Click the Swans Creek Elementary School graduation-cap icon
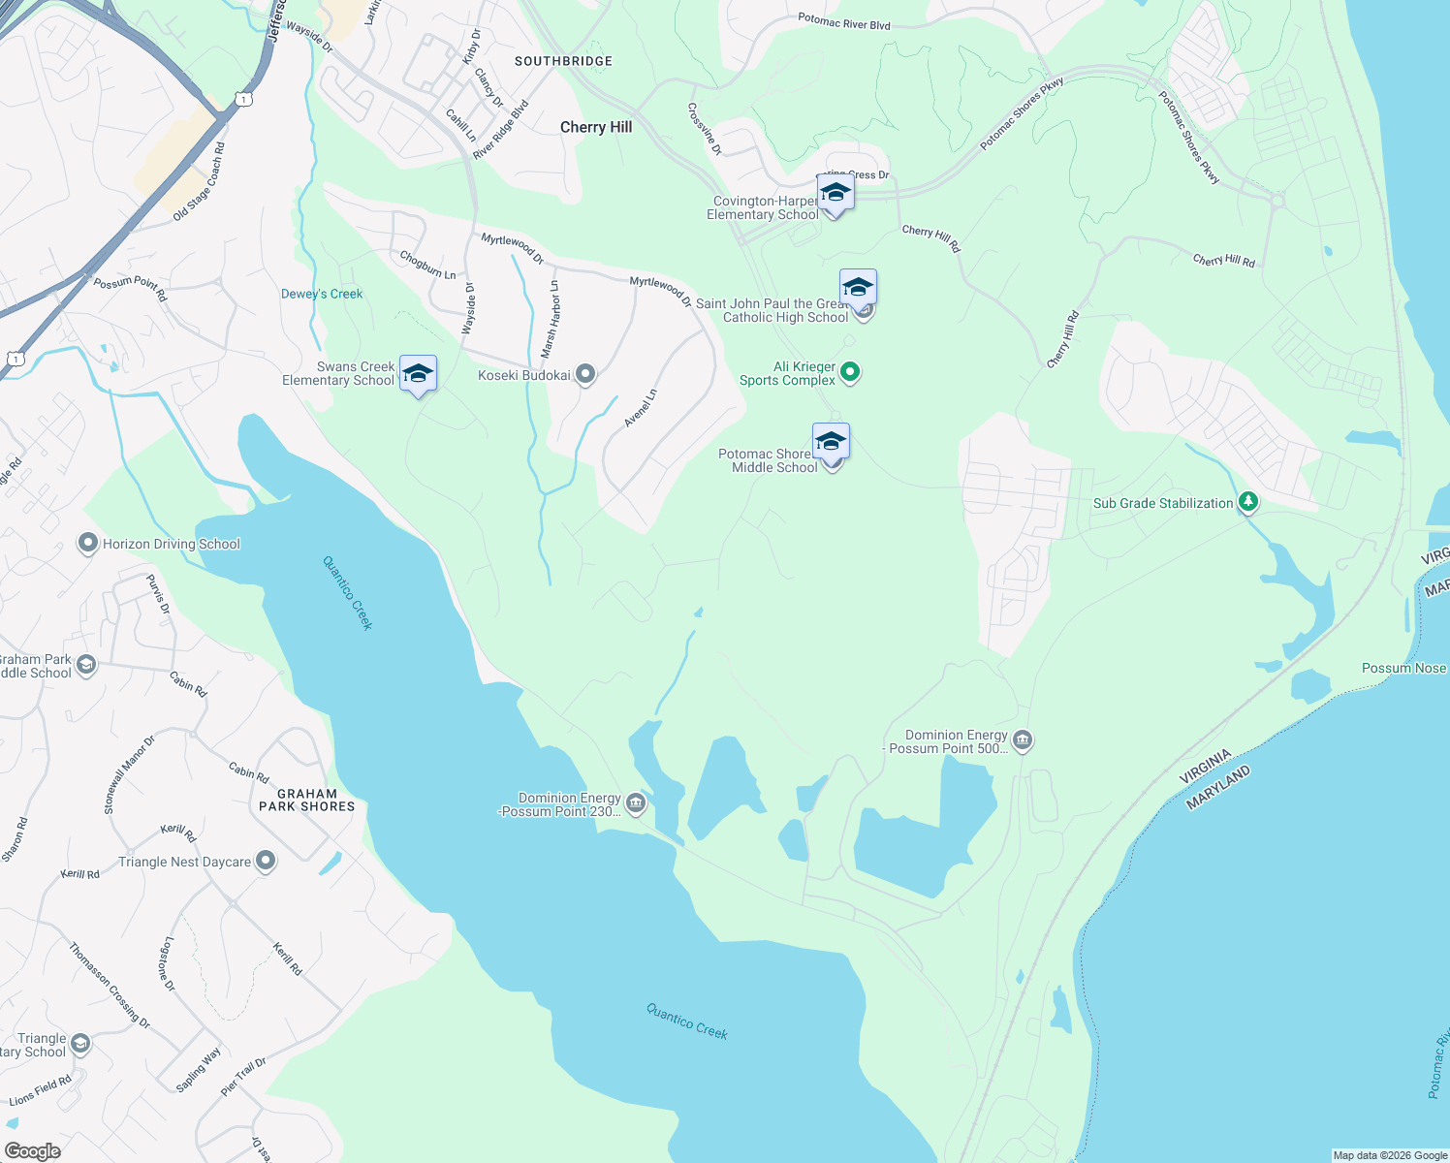point(418,374)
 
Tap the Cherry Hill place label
point(596,127)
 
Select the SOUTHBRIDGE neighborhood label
point(563,61)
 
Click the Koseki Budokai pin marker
point(584,374)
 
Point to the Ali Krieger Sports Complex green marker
point(850,371)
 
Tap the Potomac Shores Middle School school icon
point(831,442)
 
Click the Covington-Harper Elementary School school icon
point(835,192)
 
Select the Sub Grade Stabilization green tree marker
point(1248,502)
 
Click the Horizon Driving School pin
point(88,543)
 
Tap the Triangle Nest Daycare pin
point(266,861)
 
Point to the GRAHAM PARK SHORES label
point(306,800)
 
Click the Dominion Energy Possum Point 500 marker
point(1023,740)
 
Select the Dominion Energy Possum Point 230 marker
point(636,802)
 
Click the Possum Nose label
point(1403,668)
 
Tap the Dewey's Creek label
point(322,294)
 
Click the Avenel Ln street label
point(641,408)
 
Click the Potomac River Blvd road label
point(843,21)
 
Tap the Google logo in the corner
point(32,1150)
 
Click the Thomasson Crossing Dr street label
point(110,985)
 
